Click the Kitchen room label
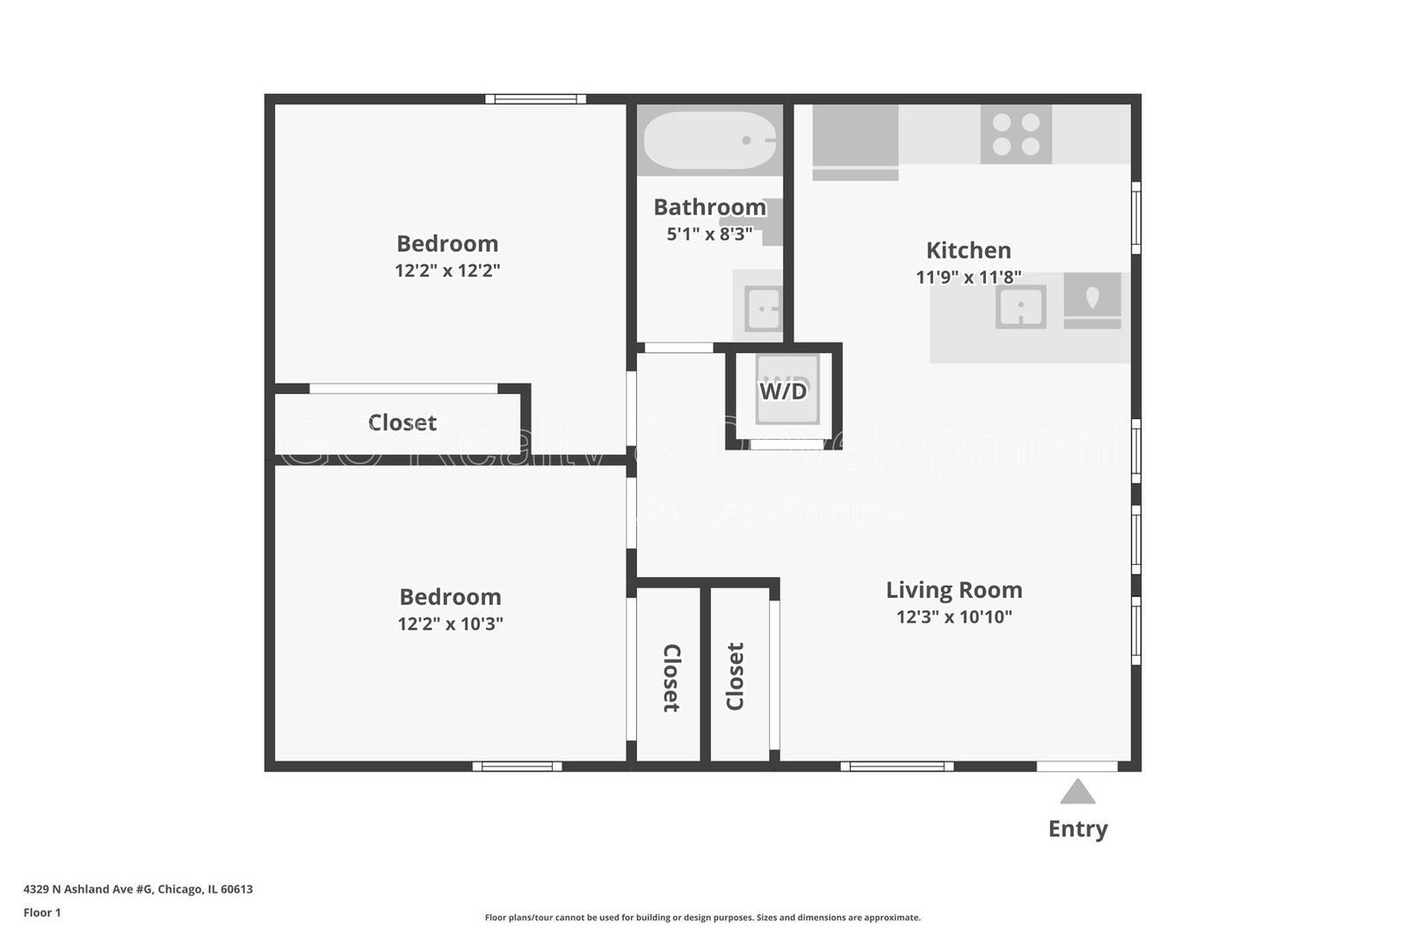pos(968,250)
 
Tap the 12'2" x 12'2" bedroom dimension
pos(447,270)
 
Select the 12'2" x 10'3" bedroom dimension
pos(450,624)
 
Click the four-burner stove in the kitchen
pos(1016,134)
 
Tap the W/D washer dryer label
pos(783,391)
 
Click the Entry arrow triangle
pos(1077,793)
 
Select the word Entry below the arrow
pos(1077,829)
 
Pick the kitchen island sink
pos(1020,307)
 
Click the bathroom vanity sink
pos(762,308)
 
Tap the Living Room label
pos(953,590)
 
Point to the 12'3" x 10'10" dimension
pos(953,617)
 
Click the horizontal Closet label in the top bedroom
pos(402,422)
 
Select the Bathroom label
pos(709,207)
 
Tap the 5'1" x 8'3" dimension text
pos(709,234)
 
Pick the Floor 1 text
pos(42,912)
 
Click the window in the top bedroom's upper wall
pos(536,99)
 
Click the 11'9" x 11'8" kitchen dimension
pos(968,277)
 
